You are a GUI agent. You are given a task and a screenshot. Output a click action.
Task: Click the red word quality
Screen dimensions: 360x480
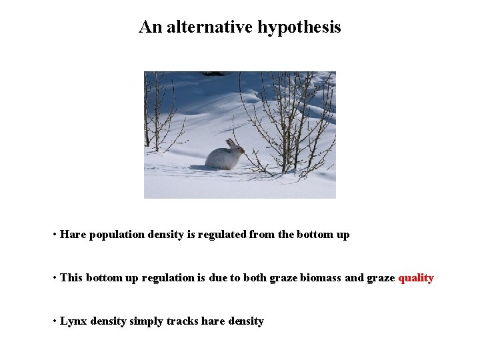click(x=416, y=278)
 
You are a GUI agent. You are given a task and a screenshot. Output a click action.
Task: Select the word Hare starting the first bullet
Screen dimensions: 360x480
click(x=73, y=235)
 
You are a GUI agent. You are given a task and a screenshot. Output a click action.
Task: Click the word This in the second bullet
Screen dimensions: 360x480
click(x=71, y=278)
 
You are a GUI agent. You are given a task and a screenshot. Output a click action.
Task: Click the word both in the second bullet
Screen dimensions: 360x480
click(x=254, y=278)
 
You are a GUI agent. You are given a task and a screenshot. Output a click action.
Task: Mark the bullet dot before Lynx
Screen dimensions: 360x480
click(x=54, y=321)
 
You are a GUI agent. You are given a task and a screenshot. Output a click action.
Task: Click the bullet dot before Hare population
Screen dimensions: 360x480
click(x=54, y=235)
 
